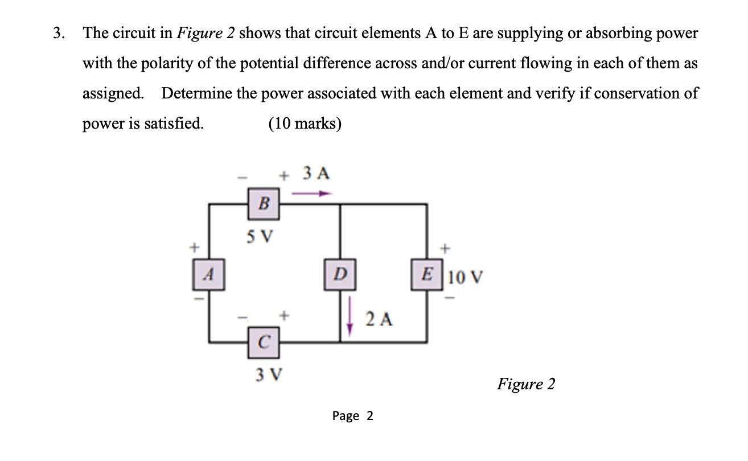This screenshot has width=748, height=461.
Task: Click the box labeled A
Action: click(209, 275)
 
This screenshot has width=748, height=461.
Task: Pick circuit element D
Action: click(340, 275)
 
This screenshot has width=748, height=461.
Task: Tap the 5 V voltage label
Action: click(260, 236)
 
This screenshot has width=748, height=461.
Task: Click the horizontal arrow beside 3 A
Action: click(311, 194)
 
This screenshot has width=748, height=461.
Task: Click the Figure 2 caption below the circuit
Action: click(525, 384)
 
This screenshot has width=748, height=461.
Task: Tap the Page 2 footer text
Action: click(353, 416)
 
